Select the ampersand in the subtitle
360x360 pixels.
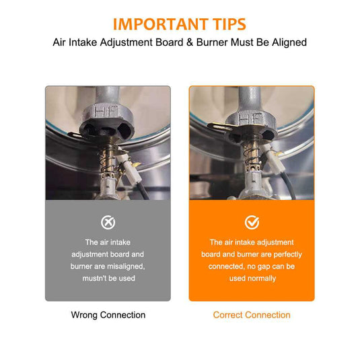coord(190,42)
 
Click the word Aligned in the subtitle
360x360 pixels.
coord(289,42)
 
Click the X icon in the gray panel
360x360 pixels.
coord(108,222)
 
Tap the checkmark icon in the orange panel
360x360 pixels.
coord(252,222)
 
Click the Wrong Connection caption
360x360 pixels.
coord(108,315)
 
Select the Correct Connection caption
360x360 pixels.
coord(252,315)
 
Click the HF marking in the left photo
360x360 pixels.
coord(106,111)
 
